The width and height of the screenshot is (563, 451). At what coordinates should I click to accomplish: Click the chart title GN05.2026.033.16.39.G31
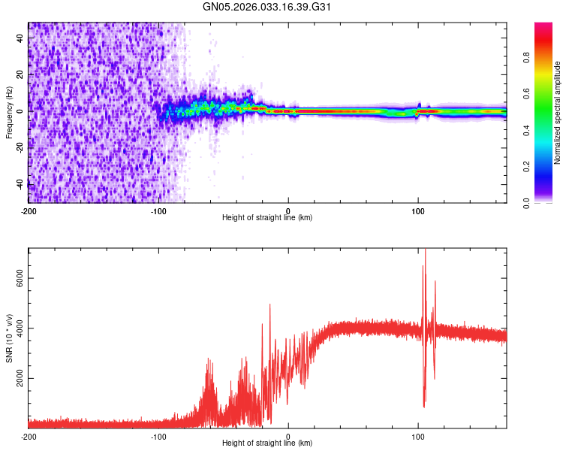pyautogui.click(x=268, y=8)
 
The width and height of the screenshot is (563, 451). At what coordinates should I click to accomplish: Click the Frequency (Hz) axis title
pyautogui.click(x=9, y=113)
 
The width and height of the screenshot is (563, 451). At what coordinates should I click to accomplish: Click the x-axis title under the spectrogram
pyautogui.click(x=267, y=218)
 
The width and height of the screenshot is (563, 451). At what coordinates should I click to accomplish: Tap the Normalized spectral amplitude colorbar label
pyautogui.click(x=557, y=113)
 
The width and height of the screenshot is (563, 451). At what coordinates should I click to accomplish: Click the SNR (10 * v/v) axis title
pyautogui.click(x=9, y=338)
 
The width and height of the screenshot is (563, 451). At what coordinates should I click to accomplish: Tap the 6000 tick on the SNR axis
pyautogui.click(x=17, y=278)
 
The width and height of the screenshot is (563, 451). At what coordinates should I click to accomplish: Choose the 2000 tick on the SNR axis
pyautogui.click(x=17, y=378)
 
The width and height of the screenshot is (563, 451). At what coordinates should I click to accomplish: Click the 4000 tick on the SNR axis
pyautogui.click(x=17, y=328)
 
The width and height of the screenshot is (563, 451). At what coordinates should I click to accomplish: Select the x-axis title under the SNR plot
pyautogui.click(x=267, y=443)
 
